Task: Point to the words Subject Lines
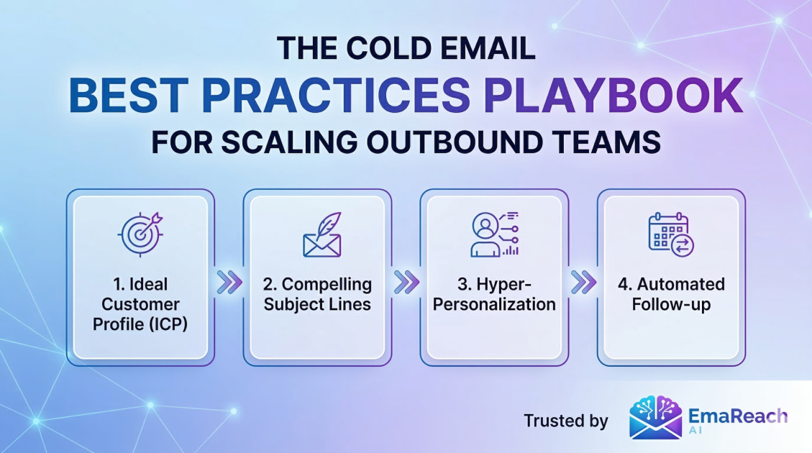coord(317,304)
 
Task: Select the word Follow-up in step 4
coord(671,304)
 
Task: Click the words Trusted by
coord(566,421)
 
